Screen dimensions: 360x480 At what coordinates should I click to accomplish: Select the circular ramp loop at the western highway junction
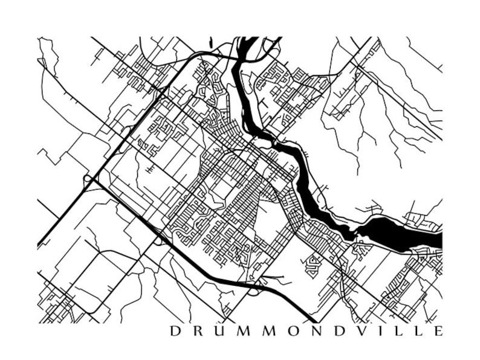coord(88,179)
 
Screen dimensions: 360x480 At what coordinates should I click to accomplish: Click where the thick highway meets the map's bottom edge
coord(313,321)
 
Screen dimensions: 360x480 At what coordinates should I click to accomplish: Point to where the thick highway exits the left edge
coord(39,245)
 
